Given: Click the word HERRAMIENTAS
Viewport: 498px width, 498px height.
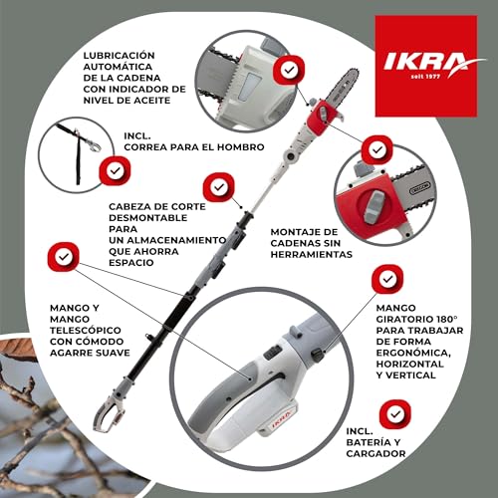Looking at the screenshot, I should (312, 255).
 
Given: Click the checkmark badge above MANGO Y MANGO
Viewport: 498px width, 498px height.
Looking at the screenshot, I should (64, 258).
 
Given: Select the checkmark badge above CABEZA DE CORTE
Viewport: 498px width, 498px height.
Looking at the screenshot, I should (216, 186).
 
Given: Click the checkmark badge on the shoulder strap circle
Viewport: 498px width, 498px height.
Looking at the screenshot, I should (117, 170).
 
